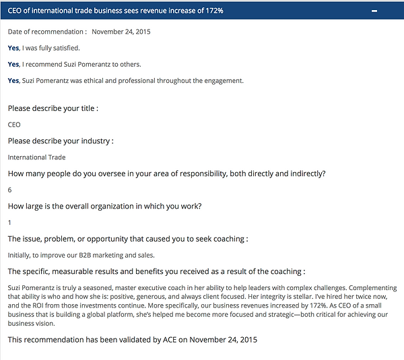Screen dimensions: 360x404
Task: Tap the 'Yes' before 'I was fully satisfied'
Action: pos(13,48)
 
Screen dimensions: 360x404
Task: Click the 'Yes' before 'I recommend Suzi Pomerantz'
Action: pos(13,65)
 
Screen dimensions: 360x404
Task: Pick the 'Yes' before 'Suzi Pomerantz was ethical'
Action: pos(13,81)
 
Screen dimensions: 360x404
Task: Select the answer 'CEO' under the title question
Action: pos(14,124)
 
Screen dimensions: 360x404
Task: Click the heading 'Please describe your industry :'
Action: pos(61,141)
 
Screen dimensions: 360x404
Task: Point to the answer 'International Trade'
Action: pos(36,157)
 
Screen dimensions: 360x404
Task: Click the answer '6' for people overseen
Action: pos(10,190)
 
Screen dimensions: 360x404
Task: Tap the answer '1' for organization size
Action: pos(9,222)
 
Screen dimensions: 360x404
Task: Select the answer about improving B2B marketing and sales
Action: pos(81,255)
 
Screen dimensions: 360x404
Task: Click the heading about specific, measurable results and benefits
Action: pos(156,271)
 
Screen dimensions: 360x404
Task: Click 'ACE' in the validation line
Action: pos(169,339)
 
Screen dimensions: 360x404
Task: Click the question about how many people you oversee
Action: pos(166,174)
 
